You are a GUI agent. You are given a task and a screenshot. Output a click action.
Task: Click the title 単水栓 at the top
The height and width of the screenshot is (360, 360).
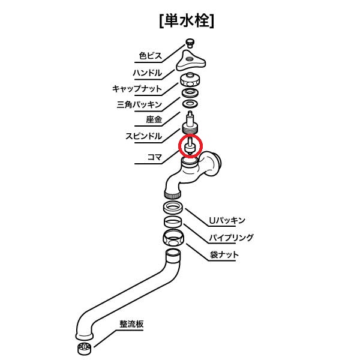click(187, 20)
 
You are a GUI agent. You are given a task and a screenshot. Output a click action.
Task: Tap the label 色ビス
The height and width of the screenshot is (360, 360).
click(151, 56)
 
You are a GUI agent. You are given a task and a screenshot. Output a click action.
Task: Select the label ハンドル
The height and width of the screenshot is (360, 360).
click(148, 73)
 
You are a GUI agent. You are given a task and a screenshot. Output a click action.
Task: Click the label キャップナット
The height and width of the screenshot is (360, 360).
click(137, 89)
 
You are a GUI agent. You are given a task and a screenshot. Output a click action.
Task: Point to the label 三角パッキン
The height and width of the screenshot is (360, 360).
click(139, 104)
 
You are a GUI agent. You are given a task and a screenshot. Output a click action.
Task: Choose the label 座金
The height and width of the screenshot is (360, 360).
click(154, 119)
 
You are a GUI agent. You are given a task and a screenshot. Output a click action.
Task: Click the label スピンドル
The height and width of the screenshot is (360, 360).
click(143, 136)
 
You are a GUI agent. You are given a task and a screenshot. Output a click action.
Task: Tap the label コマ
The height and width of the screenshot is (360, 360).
click(155, 157)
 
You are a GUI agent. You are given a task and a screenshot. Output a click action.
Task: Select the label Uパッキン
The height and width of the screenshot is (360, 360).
click(227, 221)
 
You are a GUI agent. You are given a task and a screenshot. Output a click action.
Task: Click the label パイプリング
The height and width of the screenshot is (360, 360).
click(232, 238)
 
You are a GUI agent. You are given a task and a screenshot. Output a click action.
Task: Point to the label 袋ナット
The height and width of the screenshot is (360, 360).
click(224, 255)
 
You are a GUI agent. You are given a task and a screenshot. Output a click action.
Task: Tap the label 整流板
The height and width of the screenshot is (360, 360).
click(131, 324)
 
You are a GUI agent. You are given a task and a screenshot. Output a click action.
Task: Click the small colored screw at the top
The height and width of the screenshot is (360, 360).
click(190, 43)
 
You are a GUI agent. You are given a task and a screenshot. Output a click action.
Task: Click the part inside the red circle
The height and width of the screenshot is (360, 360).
click(191, 147)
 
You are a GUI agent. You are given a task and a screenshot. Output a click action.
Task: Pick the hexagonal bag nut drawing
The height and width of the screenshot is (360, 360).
click(173, 238)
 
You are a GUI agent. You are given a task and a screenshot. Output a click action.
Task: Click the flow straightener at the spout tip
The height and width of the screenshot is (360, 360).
click(84, 348)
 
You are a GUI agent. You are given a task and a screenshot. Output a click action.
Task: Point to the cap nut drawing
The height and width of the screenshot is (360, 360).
click(190, 79)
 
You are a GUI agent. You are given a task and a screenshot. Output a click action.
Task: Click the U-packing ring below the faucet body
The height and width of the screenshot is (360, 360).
click(173, 208)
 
